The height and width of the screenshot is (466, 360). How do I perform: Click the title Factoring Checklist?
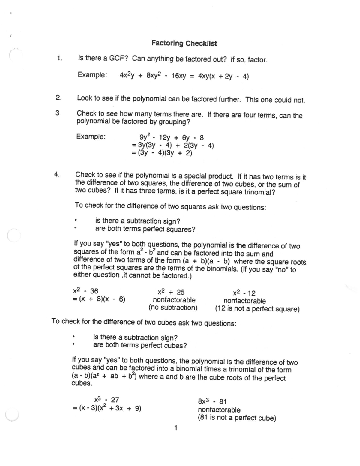tap(184, 43)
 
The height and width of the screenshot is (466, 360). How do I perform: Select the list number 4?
tap(57, 174)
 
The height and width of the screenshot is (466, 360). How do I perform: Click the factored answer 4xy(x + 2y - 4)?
tap(223, 77)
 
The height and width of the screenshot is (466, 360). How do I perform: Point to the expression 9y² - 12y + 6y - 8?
tap(169, 138)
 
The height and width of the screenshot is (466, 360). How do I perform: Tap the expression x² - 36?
tap(85, 291)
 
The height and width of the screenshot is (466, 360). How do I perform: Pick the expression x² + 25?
tap(171, 292)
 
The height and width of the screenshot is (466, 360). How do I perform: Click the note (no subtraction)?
tap(173, 308)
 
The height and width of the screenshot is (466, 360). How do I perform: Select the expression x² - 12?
tap(244, 293)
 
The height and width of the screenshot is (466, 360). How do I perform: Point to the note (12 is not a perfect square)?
tap(257, 309)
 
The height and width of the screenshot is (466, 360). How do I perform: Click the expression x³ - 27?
tap(106, 400)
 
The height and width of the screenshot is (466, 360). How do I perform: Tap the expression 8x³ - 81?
tap(212, 401)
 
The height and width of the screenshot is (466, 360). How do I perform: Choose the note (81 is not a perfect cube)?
tap(237, 418)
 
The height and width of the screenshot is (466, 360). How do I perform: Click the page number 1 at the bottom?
tap(176, 428)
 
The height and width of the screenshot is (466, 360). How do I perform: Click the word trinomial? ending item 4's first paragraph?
tap(260, 192)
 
